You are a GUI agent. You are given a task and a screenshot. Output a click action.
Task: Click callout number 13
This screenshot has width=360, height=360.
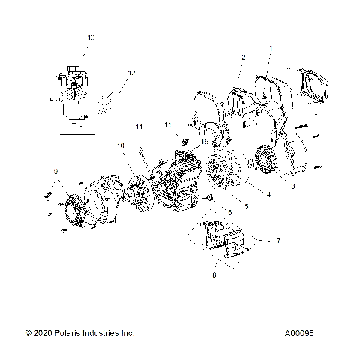click(91, 37)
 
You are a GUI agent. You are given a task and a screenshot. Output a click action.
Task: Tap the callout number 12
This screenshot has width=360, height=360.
click(131, 73)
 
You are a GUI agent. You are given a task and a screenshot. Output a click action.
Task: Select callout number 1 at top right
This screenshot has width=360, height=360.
click(271, 49)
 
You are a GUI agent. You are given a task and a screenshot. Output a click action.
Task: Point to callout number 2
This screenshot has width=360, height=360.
click(243, 57)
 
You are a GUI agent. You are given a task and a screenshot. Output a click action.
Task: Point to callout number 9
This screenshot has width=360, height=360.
click(54, 173)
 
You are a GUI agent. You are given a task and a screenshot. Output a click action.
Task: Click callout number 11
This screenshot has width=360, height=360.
click(168, 124)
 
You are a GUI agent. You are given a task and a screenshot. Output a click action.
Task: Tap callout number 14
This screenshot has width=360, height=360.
click(138, 128)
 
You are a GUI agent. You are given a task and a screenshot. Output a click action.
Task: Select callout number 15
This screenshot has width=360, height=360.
click(203, 142)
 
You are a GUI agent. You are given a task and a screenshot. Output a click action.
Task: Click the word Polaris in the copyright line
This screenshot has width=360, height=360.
click(71, 332)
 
